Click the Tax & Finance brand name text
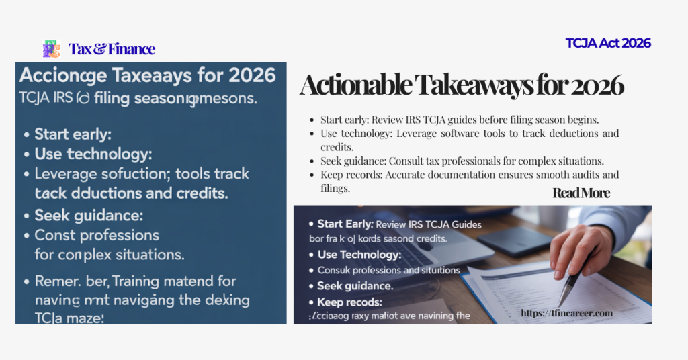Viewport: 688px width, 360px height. pos(112,49)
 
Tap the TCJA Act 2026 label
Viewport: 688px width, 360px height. pos(608,44)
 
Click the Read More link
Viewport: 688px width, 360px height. pos(581,193)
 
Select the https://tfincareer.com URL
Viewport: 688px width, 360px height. pos(567,313)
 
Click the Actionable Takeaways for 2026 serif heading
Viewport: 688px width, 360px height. pos(462,85)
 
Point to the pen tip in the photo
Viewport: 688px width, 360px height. pos(560,303)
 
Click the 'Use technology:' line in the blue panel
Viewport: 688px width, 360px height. pos(93,154)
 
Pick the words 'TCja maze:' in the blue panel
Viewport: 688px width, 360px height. pos(69,317)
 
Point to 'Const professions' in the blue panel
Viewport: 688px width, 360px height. pos(97,236)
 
